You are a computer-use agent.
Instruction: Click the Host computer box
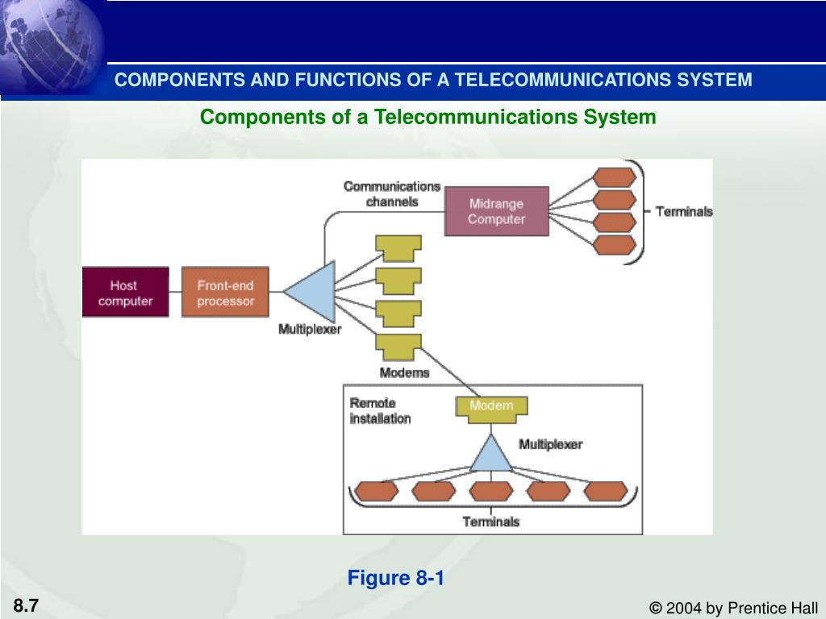125,292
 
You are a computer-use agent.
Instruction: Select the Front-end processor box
225,292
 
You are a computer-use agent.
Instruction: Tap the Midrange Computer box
496,211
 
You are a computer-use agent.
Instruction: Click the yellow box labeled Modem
491,409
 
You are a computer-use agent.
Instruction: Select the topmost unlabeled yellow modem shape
398,248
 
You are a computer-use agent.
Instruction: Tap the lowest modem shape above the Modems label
398,347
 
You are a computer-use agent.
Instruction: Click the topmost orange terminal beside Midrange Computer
615,177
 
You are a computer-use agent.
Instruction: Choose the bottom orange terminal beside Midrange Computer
615,245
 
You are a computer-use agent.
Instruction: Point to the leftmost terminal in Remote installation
376,491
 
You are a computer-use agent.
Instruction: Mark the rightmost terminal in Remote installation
606,491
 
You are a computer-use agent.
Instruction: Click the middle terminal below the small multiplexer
491,491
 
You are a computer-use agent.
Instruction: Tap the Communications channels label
392,193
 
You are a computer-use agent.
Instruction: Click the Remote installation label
381,410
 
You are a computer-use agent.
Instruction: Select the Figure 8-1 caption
395,578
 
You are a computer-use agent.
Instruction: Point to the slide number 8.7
26,605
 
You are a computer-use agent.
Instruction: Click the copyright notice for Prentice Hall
733,608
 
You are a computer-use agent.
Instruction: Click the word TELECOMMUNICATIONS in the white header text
563,80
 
